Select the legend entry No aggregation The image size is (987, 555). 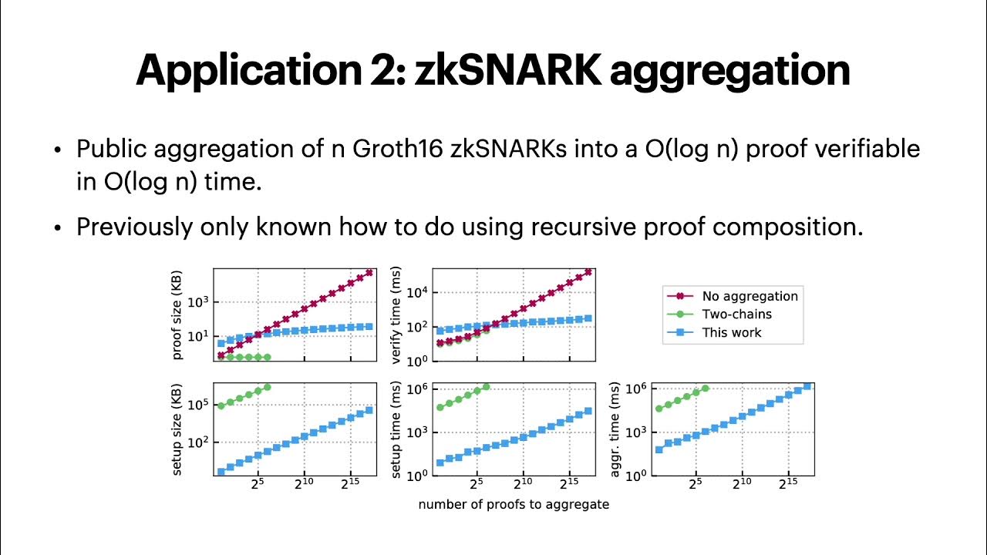pyautogui.click(x=749, y=296)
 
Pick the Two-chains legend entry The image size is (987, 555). pyautogui.click(x=736, y=314)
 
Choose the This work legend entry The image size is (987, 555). pyautogui.click(x=731, y=333)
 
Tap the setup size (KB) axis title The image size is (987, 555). pyautogui.click(x=178, y=429)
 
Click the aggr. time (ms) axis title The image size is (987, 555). pyautogui.click(x=615, y=429)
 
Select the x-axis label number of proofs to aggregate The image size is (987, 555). pyautogui.click(x=514, y=505)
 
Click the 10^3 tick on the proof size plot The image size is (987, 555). pyautogui.click(x=198, y=302)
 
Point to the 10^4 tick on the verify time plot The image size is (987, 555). pyautogui.click(x=418, y=292)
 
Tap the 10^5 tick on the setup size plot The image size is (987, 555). pyautogui.click(x=198, y=405)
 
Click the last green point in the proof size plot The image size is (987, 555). pyautogui.click(x=268, y=357)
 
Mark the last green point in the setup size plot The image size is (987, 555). pyautogui.click(x=268, y=387)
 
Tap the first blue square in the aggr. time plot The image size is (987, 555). pyautogui.click(x=659, y=449)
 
